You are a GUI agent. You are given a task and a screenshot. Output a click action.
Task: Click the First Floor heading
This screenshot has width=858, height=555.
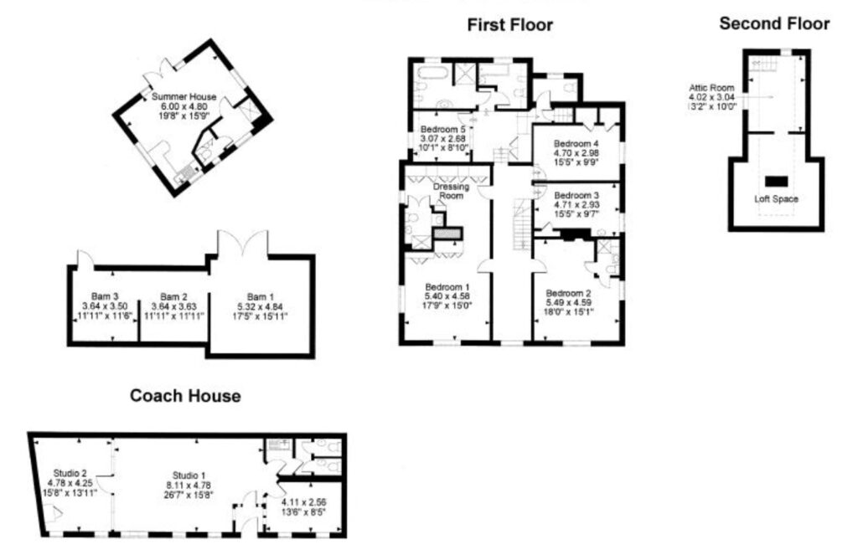[x=509, y=25]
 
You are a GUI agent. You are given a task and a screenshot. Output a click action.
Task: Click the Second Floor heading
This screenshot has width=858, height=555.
[x=774, y=23]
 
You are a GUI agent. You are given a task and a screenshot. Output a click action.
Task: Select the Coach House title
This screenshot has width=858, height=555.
[x=185, y=396]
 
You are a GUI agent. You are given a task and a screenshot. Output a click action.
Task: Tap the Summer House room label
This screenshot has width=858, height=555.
[x=184, y=98]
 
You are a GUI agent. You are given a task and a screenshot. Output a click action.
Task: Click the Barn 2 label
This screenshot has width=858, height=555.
[x=173, y=297]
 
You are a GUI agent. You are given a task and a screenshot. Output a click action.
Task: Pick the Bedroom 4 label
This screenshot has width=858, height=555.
[x=576, y=143]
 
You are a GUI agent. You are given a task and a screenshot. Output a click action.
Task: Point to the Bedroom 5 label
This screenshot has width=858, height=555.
[x=442, y=130]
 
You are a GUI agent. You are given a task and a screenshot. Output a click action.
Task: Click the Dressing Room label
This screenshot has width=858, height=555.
[x=451, y=191]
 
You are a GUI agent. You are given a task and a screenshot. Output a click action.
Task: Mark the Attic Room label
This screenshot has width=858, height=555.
[x=711, y=87]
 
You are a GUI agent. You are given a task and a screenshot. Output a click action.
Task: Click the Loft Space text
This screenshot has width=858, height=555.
[x=775, y=199]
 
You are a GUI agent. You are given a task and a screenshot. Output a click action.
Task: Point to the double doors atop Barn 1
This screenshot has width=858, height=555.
[x=242, y=243]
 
